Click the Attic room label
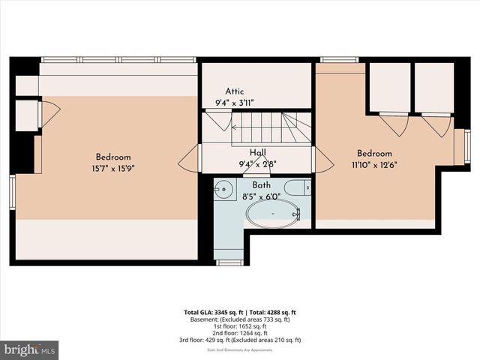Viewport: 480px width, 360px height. [235, 91]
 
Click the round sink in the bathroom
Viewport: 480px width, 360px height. [222, 187]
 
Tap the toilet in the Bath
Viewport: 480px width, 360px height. [298, 187]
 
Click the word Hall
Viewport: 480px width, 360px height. [257, 152]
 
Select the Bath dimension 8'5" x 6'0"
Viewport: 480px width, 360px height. [262, 196]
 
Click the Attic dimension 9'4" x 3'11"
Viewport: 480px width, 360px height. [235, 103]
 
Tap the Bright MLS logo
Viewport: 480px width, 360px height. [30, 349]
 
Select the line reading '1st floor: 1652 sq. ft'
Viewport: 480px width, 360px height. [240, 326]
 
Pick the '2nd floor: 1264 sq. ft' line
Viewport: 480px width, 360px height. [240, 333]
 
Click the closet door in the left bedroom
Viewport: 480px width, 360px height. [49, 115]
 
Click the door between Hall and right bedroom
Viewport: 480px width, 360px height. [322, 158]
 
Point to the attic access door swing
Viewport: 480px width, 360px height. [218, 120]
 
